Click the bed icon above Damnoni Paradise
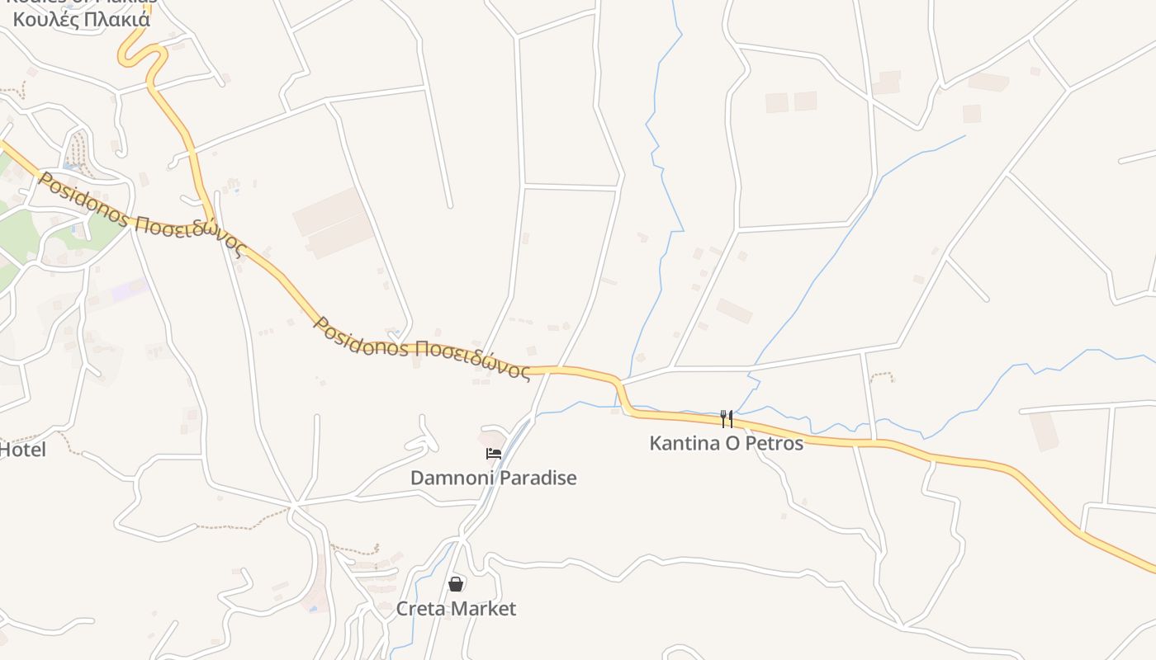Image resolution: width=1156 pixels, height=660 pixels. (x=494, y=453)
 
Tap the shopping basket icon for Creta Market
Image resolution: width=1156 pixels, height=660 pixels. (x=456, y=584)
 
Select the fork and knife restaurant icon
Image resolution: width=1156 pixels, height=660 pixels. (x=727, y=419)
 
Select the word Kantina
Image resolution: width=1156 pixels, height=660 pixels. (x=680, y=443)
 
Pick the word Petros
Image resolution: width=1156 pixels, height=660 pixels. (x=775, y=443)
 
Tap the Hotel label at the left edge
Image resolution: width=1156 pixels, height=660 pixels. (x=22, y=450)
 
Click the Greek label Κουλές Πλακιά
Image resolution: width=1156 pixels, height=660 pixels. (x=83, y=19)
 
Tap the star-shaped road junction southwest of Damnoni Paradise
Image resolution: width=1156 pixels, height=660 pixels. (x=294, y=502)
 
